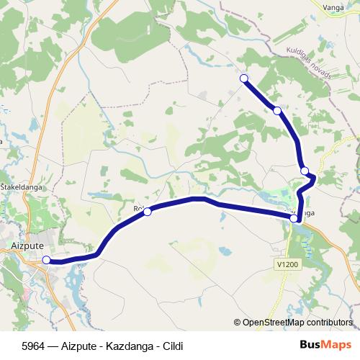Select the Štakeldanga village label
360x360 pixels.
19,186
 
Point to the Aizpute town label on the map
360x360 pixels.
28,245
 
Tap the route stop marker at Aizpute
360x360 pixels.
47,260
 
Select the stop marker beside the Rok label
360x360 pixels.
148,212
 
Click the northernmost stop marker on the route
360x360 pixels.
244,78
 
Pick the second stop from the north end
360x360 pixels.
277,110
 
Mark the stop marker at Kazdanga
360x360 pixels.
294,217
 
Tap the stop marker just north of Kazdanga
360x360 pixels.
305,171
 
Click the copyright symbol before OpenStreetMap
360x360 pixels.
238,323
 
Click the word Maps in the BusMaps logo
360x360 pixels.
338,345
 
